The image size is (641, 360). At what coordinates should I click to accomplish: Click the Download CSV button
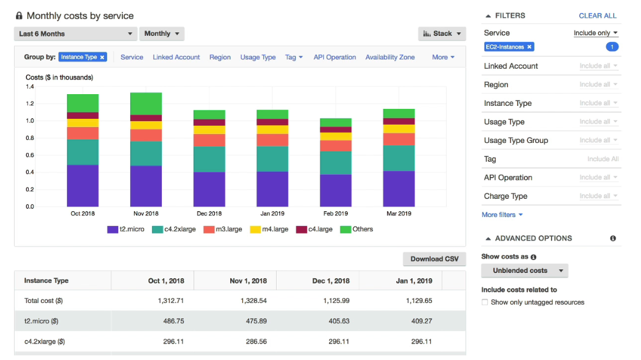tap(434, 259)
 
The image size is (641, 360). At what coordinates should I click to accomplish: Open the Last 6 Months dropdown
tap(75, 34)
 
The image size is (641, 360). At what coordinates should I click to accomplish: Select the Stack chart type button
tap(442, 34)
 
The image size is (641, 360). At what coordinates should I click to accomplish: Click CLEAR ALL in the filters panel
tap(597, 16)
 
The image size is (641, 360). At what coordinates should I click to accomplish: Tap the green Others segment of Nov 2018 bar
tap(146, 104)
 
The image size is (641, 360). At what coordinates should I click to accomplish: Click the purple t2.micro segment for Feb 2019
tap(336, 191)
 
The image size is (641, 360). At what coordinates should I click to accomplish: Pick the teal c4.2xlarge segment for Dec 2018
tap(210, 159)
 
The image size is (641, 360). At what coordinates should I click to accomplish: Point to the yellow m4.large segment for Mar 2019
tap(399, 129)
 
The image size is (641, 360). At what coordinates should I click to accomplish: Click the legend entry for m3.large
tap(223, 229)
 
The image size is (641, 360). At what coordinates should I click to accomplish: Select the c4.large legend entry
tap(314, 229)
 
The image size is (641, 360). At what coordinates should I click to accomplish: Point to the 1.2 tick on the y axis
tap(30, 104)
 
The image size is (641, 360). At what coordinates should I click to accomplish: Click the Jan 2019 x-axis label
tap(273, 214)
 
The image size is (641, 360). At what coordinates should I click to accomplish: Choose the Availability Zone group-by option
tap(390, 57)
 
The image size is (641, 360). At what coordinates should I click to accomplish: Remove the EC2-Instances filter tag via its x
tap(529, 47)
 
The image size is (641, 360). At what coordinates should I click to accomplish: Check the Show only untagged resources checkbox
tap(485, 302)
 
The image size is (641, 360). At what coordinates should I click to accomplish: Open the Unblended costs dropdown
tap(525, 271)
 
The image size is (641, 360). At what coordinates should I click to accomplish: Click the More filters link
tap(502, 215)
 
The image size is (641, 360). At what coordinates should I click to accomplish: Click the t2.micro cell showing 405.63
tap(339, 321)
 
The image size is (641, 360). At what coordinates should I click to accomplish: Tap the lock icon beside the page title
tap(19, 16)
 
